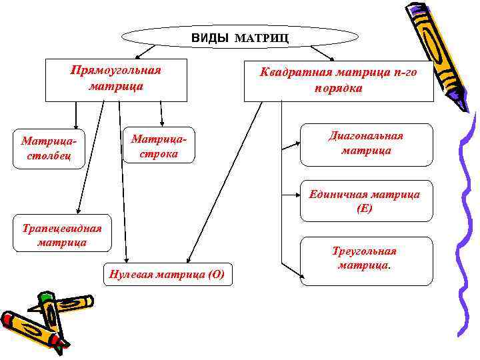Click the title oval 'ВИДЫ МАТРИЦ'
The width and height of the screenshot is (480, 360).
point(240,37)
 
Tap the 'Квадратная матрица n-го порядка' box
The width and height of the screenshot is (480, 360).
point(339,81)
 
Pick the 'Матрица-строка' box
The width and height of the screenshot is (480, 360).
point(159,145)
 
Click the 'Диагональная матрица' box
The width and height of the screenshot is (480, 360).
point(366,144)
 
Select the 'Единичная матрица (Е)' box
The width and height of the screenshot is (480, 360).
point(365,201)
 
